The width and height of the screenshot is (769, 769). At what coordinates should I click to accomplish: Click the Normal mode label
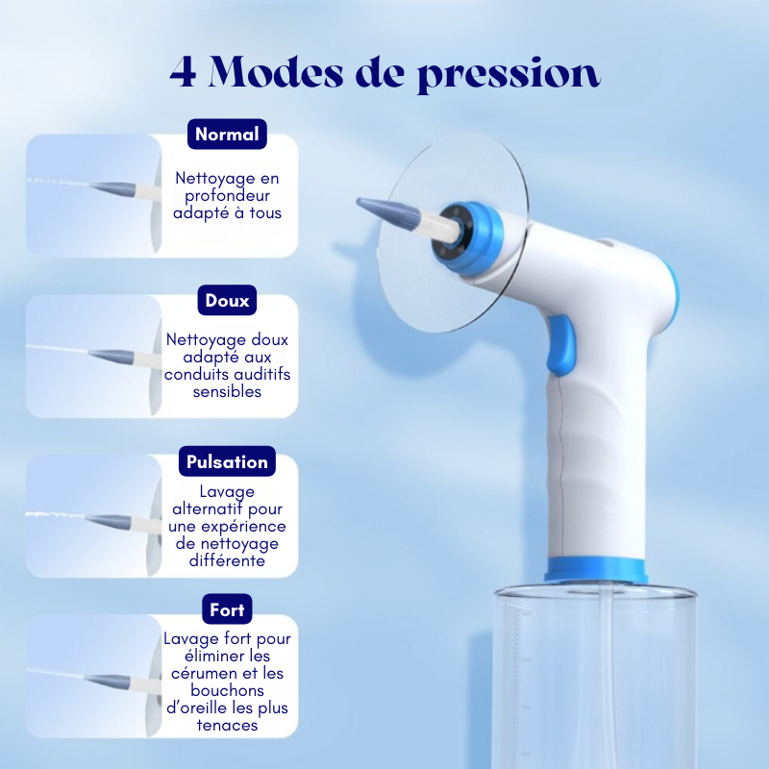227,135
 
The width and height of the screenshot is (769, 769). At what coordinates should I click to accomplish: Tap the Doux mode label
227,301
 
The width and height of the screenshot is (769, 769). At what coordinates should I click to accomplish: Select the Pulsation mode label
227,461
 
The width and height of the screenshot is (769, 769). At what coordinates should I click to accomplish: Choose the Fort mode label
227,609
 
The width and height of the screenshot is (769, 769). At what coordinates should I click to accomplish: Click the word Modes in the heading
284,72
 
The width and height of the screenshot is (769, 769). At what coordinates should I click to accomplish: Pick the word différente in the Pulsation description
227,560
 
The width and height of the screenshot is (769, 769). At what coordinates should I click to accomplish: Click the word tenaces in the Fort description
227,725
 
